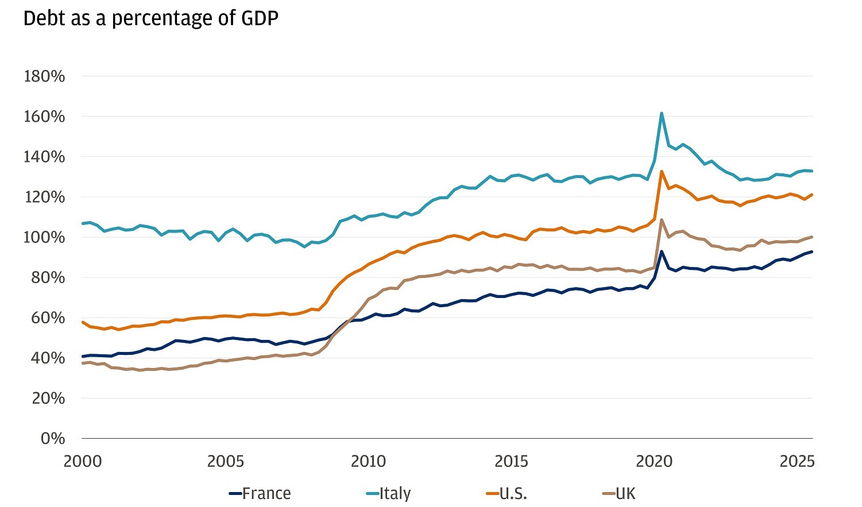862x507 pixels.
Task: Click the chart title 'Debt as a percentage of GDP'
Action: coord(150,18)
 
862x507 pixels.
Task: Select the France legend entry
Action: coord(260,493)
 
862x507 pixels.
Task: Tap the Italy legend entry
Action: coord(389,493)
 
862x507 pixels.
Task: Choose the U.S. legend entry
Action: coord(506,493)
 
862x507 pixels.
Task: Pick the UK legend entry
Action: coord(619,493)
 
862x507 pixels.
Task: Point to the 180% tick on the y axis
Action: coord(44,76)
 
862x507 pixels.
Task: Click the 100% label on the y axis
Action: coord(44,237)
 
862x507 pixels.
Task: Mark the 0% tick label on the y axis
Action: coord(52,439)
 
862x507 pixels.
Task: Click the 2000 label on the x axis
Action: coord(83,461)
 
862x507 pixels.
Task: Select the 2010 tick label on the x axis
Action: coord(368,461)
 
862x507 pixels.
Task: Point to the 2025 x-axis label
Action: coord(797,461)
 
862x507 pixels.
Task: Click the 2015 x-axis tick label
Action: coord(511,461)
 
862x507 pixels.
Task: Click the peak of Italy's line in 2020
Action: coord(662,113)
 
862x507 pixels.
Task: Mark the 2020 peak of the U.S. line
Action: coord(662,171)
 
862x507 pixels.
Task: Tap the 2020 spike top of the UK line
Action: coord(662,219)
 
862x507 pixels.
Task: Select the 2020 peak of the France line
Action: coord(662,251)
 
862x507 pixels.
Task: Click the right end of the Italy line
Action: coord(811,171)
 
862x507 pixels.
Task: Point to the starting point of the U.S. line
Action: coord(83,322)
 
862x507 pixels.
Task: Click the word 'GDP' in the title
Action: coord(260,18)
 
